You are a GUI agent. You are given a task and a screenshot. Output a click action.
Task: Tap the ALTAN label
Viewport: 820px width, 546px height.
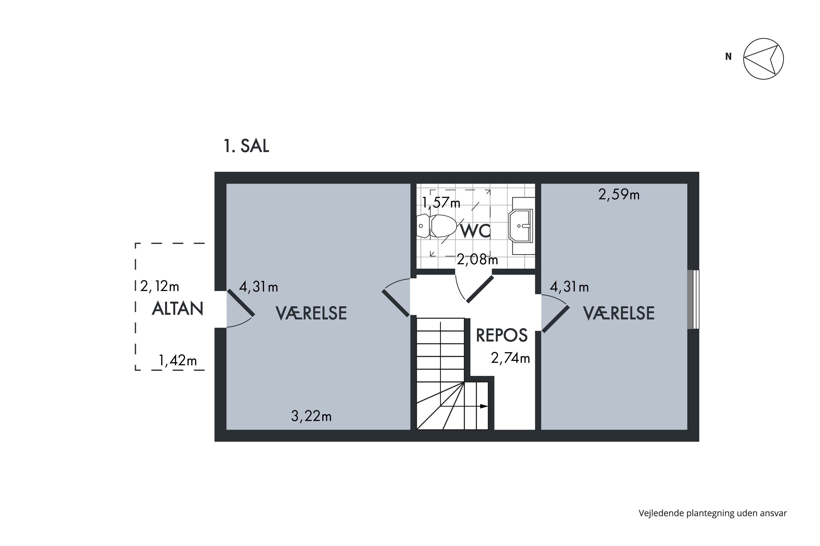click(x=177, y=309)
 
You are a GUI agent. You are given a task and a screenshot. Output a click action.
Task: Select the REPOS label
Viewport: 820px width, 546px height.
click(x=502, y=335)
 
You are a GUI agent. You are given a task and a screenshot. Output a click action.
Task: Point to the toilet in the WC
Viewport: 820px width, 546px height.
click(x=437, y=226)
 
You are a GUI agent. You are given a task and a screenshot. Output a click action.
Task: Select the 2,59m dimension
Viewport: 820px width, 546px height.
click(x=619, y=195)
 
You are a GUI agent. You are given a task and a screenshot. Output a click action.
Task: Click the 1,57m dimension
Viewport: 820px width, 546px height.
click(x=441, y=202)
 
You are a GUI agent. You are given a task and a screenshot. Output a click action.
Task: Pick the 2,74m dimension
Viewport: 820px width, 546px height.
click(x=510, y=358)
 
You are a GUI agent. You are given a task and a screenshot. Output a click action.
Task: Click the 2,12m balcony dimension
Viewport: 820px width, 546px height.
click(x=160, y=286)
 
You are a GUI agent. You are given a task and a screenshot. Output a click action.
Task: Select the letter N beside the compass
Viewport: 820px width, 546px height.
click(x=728, y=57)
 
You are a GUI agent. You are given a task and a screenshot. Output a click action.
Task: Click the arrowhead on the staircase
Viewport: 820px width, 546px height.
click(x=484, y=406)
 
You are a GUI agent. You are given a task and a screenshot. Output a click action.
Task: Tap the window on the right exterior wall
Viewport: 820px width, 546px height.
click(x=693, y=299)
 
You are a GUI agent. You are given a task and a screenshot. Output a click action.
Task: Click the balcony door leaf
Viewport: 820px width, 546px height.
click(x=241, y=303)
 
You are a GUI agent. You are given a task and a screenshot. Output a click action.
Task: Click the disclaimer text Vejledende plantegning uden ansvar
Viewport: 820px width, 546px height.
click(x=713, y=513)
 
